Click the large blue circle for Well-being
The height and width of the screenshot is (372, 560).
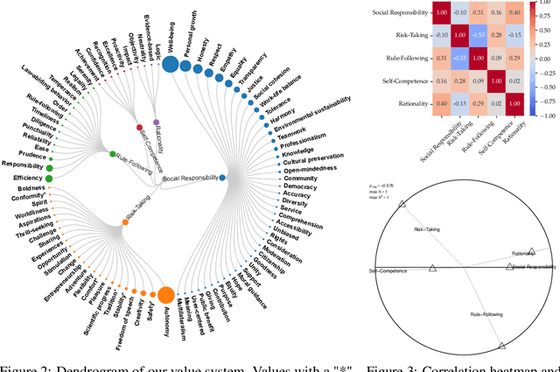point(170,64)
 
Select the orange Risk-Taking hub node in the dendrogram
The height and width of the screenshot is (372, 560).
point(125,222)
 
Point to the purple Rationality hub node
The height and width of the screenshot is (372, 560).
point(156,123)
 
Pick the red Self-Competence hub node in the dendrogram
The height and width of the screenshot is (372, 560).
point(139,128)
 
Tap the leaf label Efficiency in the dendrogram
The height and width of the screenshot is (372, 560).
point(16,178)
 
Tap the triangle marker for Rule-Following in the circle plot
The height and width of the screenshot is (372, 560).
point(501,345)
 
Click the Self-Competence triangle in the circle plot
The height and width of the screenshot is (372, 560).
point(431,269)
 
